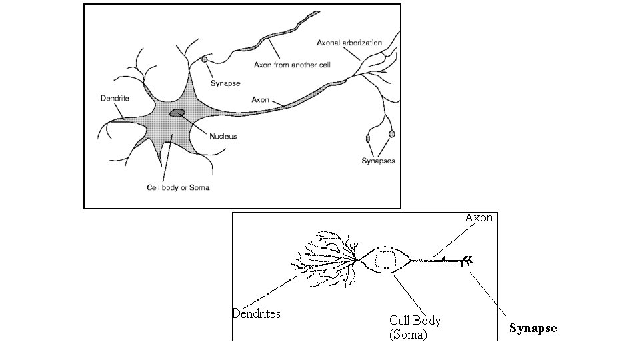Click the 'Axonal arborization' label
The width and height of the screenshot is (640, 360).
coord(349,43)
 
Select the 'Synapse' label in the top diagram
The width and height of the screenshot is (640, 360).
coord(225,83)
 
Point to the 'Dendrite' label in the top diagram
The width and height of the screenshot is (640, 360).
coord(115,98)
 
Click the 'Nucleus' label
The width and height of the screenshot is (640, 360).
coord(223,137)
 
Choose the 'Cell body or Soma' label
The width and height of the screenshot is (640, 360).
coord(178,187)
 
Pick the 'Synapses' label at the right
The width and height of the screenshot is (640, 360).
coord(378,161)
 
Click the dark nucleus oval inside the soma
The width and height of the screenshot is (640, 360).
coord(177,113)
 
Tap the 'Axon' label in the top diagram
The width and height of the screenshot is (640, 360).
coord(260,100)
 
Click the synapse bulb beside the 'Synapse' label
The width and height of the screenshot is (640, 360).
coord(205,60)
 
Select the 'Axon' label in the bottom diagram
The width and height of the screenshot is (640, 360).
coord(479,217)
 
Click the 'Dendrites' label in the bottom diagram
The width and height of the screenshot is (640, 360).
coord(256,313)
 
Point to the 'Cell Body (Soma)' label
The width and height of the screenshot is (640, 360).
coord(415,327)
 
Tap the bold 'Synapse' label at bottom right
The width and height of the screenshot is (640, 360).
coord(533,328)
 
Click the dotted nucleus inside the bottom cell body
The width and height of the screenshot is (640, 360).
coord(385,259)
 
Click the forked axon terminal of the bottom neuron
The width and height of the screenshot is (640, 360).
coord(469,261)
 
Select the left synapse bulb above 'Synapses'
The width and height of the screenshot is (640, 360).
coord(368,138)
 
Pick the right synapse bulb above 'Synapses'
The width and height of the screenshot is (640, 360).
coord(392,134)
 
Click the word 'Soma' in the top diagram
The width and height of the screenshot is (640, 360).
coord(199,187)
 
